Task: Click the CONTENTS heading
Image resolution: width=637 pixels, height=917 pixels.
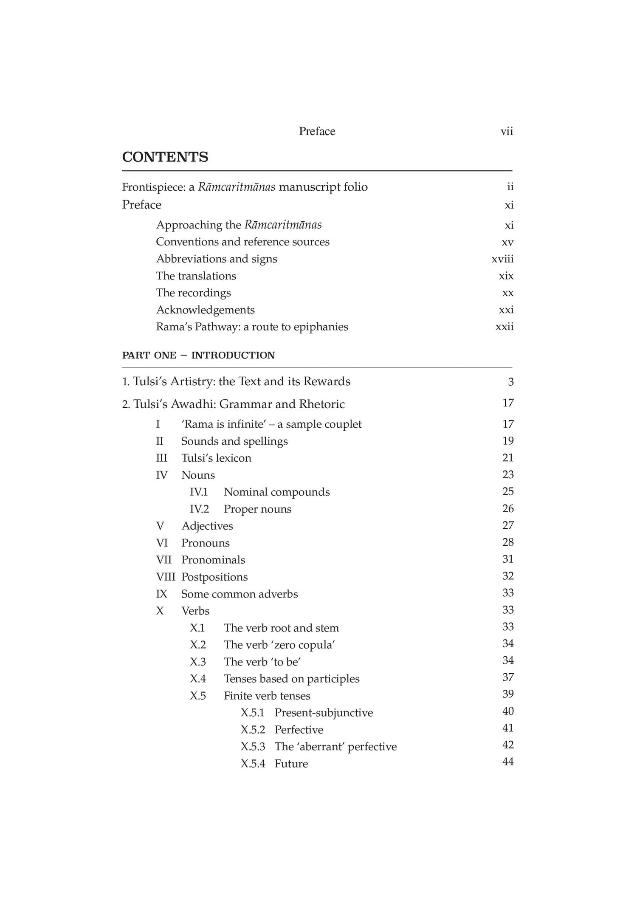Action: [x=165, y=157]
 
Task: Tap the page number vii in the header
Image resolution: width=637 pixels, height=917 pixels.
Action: [x=507, y=131]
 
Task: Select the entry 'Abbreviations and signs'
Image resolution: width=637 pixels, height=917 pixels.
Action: [x=217, y=259]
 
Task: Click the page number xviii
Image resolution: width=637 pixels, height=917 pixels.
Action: [x=502, y=259]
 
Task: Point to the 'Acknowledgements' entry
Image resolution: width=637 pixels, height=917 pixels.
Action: [x=206, y=310]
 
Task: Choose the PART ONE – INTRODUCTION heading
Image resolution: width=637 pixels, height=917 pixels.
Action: [x=198, y=355]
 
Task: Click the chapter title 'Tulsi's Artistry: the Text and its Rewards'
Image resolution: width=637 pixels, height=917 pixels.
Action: [x=241, y=381]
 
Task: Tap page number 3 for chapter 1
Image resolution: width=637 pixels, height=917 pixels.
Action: [x=510, y=382]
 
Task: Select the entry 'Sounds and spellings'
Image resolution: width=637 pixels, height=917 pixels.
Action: [x=234, y=441]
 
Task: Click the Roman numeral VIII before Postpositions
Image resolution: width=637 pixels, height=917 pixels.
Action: [x=166, y=577]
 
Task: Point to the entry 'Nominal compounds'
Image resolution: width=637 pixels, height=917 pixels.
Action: [x=276, y=492]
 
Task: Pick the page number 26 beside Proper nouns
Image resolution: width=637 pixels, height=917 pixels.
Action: [x=508, y=508]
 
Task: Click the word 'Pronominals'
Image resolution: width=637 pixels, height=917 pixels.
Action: [x=213, y=560]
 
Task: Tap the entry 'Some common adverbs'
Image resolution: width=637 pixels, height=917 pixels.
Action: [x=240, y=594]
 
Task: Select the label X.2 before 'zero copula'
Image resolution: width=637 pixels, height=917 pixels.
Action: [x=198, y=645]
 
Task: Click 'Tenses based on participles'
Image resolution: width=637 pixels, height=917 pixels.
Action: [x=291, y=679]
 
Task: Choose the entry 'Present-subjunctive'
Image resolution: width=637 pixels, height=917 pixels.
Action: [x=324, y=713]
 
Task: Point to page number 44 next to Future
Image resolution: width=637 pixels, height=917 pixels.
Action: [x=508, y=762]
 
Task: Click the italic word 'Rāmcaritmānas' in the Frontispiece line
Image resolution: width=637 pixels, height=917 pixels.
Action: [x=237, y=187]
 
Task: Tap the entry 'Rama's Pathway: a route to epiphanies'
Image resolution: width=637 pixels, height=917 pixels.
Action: [x=252, y=327]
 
